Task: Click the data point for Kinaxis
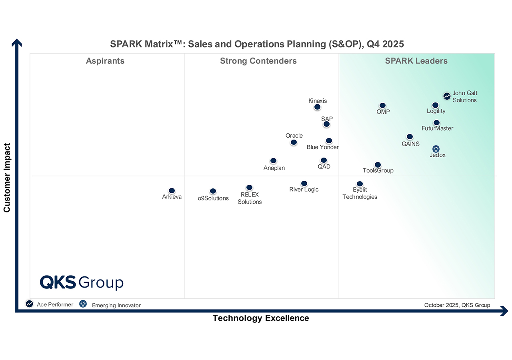coord(317,107)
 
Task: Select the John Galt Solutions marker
coord(447,96)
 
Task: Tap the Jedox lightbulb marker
coord(436,149)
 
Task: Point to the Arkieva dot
coord(172,191)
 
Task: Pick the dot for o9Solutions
coord(213,191)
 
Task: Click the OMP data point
coord(382,106)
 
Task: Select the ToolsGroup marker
coord(378,165)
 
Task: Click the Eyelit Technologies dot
coord(360,184)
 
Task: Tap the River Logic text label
coord(304,190)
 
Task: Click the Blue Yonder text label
coord(322,147)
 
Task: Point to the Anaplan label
coord(274,168)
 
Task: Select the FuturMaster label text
coord(437,128)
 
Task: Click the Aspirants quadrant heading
coord(105,61)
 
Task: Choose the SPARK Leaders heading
coord(416,61)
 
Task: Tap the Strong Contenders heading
coord(258,61)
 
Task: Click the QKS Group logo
coord(82,282)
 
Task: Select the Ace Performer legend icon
coord(30,304)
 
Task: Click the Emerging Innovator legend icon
coord(83,304)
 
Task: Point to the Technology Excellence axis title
coord(261,318)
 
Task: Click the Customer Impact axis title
coord(7,178)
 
